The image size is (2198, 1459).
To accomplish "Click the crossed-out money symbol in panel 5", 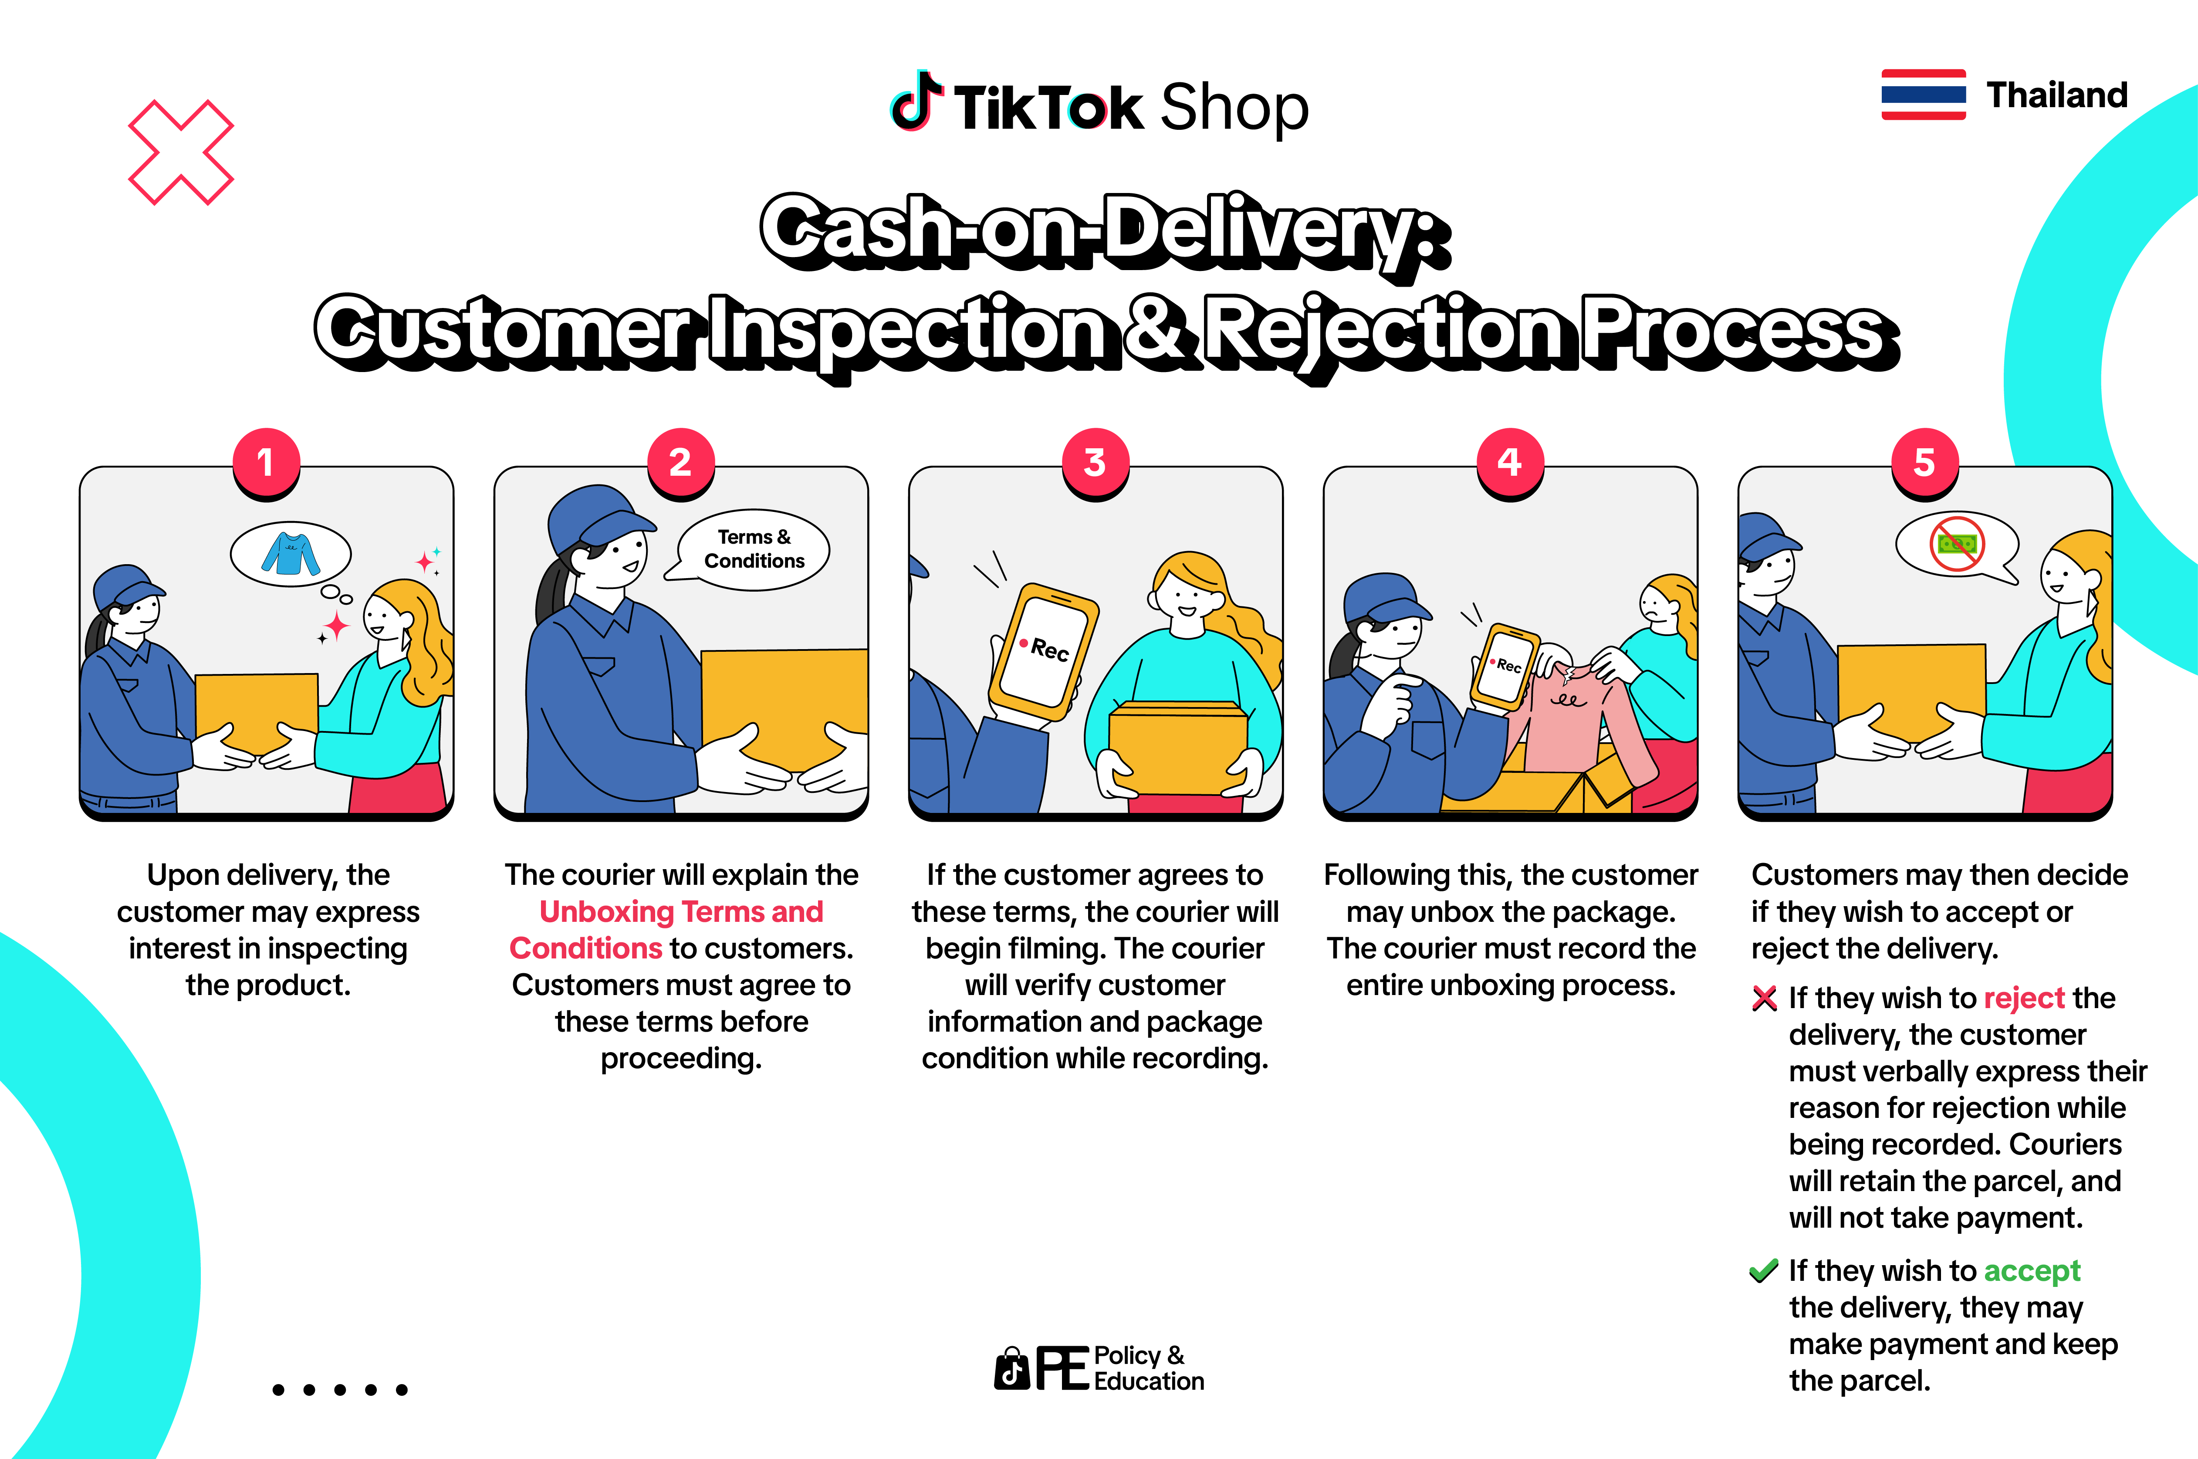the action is [x=1957, y=543].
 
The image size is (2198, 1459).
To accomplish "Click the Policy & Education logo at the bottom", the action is [x=1099, y=1368].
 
